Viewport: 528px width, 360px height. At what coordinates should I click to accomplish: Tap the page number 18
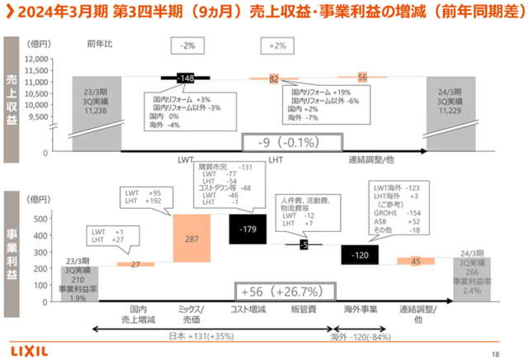click(x=494, y=354)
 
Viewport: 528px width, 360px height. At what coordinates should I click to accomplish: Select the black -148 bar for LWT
click(x=188, y=78)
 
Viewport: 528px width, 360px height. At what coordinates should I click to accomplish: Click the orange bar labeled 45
click(x=415, y=261)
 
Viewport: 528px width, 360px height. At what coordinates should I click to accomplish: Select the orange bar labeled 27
click(x=134, y=264)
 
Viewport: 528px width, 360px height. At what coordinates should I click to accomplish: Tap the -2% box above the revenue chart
click(x=189, y=46)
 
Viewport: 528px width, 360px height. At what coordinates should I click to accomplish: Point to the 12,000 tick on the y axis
click(x=36, y=59)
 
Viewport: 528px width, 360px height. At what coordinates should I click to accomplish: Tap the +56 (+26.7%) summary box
click(x=280, y=291)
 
